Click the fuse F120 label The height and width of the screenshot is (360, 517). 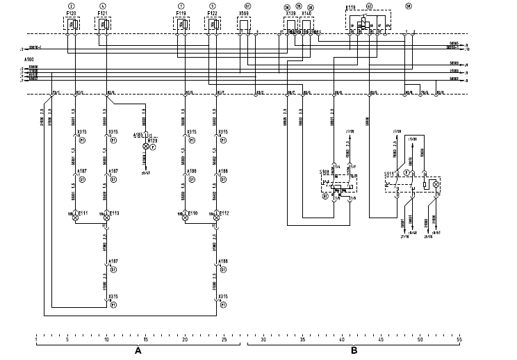(x=70, y=13)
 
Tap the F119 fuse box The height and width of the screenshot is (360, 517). (x=183, y=25)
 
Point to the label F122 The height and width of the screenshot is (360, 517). (x=213, y=13)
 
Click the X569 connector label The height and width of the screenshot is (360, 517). (x=245, y=13)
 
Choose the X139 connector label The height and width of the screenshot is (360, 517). (x=291, y=13)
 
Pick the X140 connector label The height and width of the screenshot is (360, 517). (x=307, y=13)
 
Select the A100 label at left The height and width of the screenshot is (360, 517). (x=28, y=61)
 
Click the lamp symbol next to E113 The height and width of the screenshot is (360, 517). (x=106, y=218)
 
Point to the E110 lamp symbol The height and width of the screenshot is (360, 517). (x=185, y=218)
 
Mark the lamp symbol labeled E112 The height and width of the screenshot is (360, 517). (x=215, y=218)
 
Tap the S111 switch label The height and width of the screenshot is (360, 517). (x=390, y=173)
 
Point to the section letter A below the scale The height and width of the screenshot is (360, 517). (x=138, y=350)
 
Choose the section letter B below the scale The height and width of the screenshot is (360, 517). (x=354, y=350)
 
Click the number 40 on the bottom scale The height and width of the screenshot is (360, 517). (x=342, y=340)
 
